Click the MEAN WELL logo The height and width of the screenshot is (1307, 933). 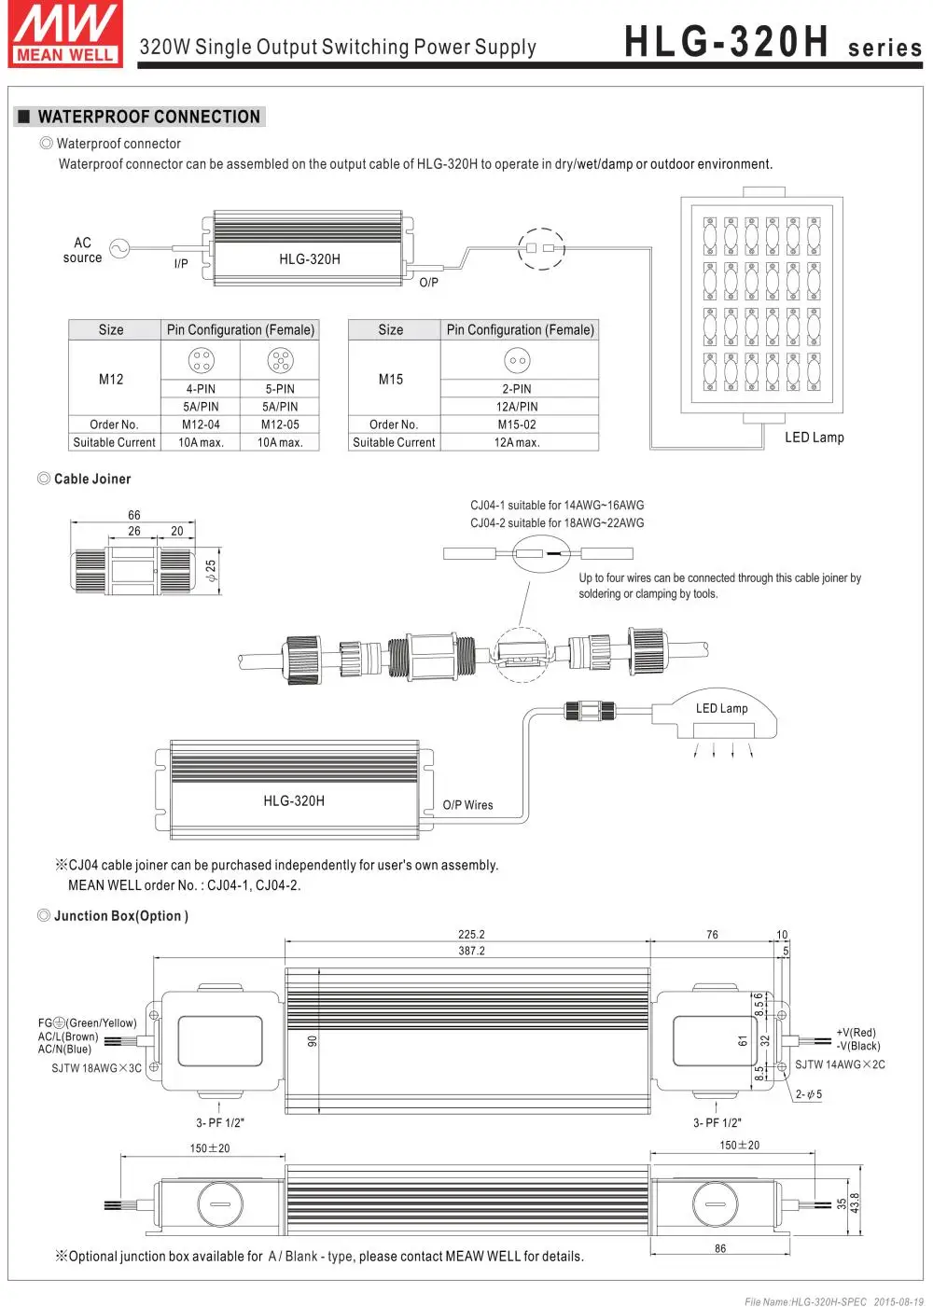click(x=66, y=35)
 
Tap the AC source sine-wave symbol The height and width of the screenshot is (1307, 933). click(x=119, y=249)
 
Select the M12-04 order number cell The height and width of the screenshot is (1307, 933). click(x=201, y=424)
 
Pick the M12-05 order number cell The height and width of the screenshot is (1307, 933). click(x=280, y=424)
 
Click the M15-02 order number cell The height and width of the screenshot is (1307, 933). click(x=517, y=424)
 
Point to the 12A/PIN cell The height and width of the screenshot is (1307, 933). click(x=517, y=407)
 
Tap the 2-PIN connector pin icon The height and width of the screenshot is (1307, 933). click(x=517, y=360)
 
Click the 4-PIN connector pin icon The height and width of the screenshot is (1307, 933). click(x=201, y=360)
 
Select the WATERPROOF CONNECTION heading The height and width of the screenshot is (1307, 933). click(x=148, y=117)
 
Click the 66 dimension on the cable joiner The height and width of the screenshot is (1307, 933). click(x=134, y=515)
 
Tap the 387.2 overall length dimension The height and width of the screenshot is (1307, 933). click(x=471, y=951)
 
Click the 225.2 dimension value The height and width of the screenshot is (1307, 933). click(x=471, y=934)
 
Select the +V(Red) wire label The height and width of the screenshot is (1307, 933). click(x=856, y=1033)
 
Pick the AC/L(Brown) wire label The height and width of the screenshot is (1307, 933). click(x=68, y=1036)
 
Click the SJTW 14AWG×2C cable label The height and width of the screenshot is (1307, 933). click(x=840, y=1064)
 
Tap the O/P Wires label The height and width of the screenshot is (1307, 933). click(x=467, y=805)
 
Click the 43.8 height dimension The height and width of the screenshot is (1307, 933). click(x=855, y=1203)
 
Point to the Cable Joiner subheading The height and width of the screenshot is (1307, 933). click(x=92, y=479)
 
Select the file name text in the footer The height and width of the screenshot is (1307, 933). click(x=806, y=1301)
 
